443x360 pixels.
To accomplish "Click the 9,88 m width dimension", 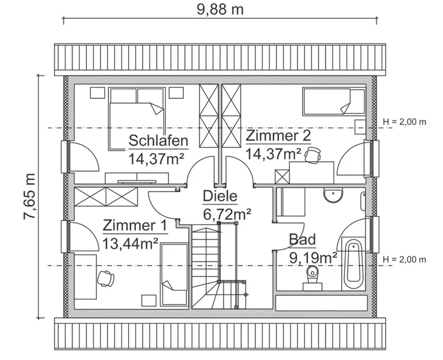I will click(x=220, y=9).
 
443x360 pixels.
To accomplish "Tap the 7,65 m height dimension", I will click(x=29, y=197).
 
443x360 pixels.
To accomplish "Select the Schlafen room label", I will click(x=158, y=141).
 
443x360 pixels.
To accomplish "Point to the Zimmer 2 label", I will click(x=278, y=136).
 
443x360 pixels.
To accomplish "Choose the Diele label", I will click(x=220, y=197).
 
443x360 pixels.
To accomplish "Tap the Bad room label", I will click(x=302, y=239).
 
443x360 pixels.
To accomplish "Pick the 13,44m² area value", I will click(x=130, y=242).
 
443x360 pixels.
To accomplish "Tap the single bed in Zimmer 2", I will click(x=334, y=102).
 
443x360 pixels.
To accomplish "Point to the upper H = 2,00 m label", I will click(x=405, y=122).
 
